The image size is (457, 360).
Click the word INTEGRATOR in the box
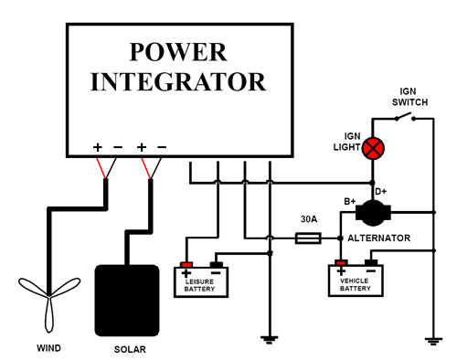[x=179, y=81]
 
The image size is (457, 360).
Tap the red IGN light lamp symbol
[x=373, y=148]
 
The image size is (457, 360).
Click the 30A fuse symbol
[x=309, y=238]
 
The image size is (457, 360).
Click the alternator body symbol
[x=372, y=213]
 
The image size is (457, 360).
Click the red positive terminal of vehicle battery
[x=341, y=264]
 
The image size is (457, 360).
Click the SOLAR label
[x=129, y=348]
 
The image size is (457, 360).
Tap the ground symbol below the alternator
[x=432, y=340]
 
